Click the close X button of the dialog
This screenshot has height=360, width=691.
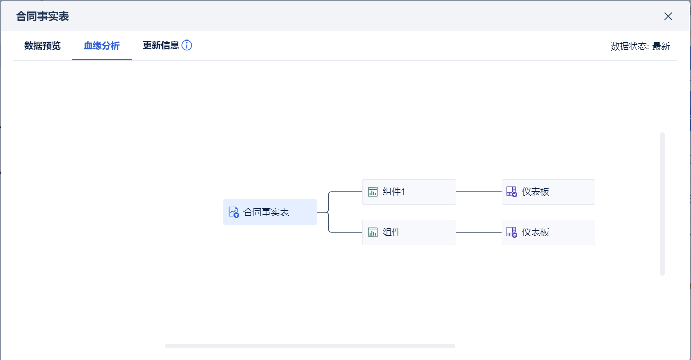tap(668, 16)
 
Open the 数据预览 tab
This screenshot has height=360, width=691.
tap(43, 46)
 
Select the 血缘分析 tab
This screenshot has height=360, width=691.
tap(102, 46)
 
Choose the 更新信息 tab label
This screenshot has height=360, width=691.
tap(161, 45)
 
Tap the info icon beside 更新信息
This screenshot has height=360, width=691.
tap(187, 45)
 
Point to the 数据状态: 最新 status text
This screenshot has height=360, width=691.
tap(640, 46)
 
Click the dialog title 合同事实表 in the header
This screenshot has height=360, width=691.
tap(43, 16)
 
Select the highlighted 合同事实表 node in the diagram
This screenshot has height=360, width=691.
tap(270, 212)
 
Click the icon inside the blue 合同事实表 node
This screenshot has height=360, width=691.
tap(233, 212)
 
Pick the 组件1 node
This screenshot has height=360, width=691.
tap(409, 192)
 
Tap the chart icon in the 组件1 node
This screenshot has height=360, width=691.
tap(373, 192)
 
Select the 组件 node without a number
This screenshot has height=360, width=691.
tap(409, 232)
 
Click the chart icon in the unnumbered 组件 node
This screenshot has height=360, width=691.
tap(373, 232)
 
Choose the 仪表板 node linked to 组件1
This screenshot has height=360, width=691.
tap(548, 192)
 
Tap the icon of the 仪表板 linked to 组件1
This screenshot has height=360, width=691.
tap(511, 192)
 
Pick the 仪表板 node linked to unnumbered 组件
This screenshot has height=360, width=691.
tap(548, 232)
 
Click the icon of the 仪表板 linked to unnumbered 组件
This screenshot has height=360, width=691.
tap(511, 232)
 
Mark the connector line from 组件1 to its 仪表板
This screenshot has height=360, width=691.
tap(478, 192)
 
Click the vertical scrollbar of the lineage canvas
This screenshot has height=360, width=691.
tap(662, 204)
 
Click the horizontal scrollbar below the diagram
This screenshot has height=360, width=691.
tap(309, 346)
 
